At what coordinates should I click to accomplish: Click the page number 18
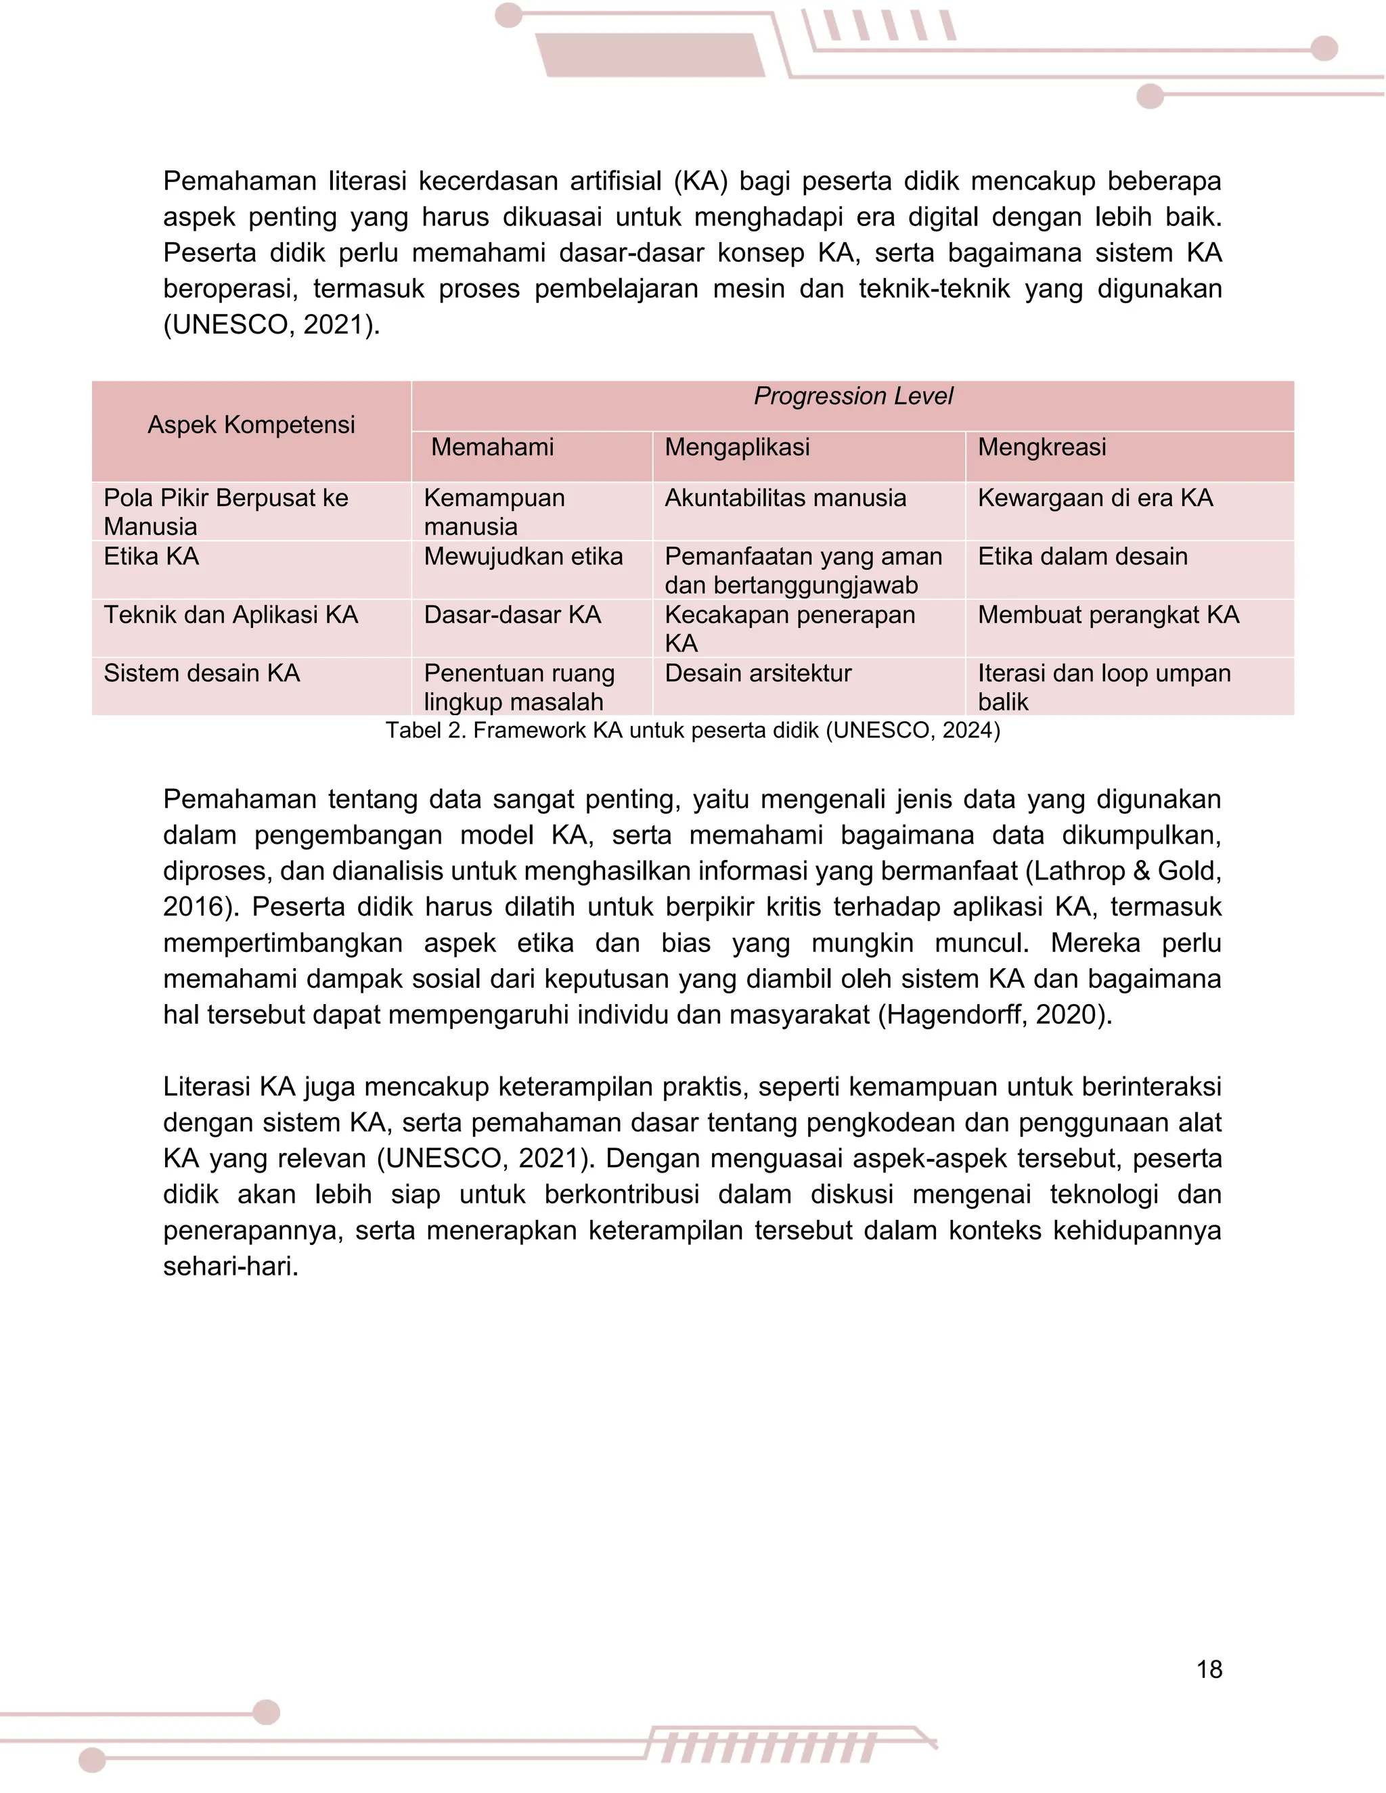(1209, 1669)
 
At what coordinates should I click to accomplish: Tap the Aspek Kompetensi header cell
(251, 426)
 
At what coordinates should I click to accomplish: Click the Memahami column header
(492, 447)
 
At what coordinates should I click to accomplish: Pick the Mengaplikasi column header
(736, 447)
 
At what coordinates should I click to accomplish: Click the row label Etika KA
(151, 557)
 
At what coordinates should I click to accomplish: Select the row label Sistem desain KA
(201, 673)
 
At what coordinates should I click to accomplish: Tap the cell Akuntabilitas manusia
(785, 499)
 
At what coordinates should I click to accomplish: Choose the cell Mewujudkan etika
(523, 557)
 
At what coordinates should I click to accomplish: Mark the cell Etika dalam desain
(1082, 557)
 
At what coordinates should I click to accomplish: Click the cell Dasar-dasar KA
(512, 615)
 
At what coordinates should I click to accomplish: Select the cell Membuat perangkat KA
(1108, 615)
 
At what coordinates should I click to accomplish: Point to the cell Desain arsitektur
(758, 673)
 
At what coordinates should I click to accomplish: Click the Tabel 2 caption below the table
(693, 731)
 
